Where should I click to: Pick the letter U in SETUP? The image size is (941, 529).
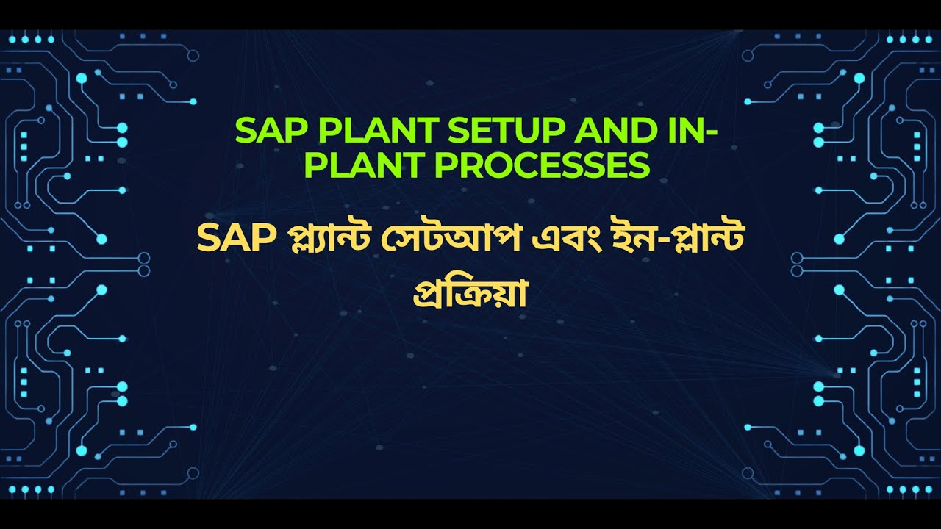coord(524,132)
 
